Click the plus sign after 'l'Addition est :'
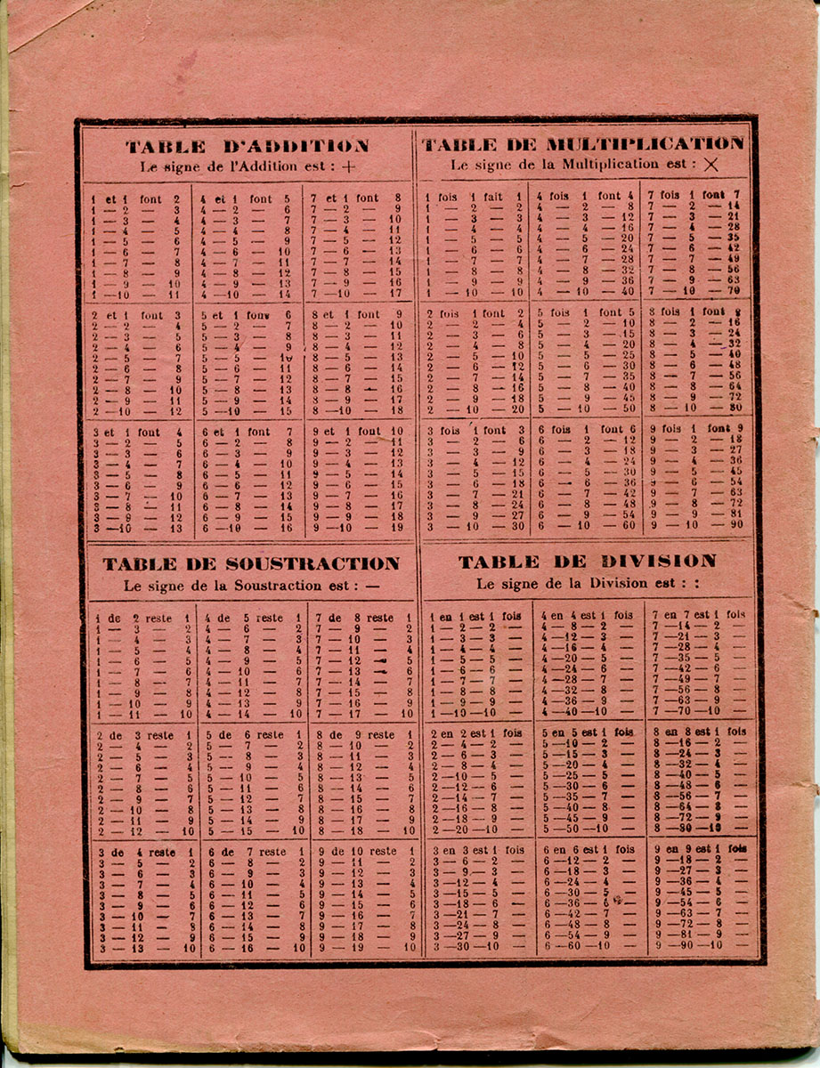coord(347,166)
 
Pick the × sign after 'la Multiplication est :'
coord(710,165)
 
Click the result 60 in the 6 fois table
coord(629,525)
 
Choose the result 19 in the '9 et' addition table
coord(396,527)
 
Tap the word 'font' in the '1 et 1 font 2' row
coord(152,199)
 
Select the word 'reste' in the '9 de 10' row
coord(383,852)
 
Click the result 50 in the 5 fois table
coord(629,409)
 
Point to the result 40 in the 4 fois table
coord(629,290)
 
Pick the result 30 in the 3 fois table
coord(517,526)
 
